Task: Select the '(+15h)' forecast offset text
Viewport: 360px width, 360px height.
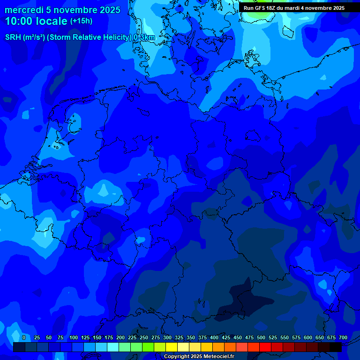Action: pyautogui.click(x=81, y=21)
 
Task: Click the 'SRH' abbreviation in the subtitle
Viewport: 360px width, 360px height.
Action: pyautogui.click(x=13, y=37)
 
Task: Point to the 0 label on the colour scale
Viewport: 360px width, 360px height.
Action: pyautogui.click(x=24, y=337)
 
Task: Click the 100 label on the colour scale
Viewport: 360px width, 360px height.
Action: pyautogui.click(x=74, y=337)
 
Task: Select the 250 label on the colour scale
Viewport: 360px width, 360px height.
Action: pyautogui.click(x=144, y=337)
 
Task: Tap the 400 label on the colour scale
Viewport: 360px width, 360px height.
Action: pyautogui.click(x=214, y=337)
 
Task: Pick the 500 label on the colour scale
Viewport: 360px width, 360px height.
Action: pyautogui.click(x=261, y=337)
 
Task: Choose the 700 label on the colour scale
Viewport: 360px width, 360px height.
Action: pyautogui.click(x=343, y=337)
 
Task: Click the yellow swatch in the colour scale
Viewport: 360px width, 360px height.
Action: pyautogui.click(x=172, y=347)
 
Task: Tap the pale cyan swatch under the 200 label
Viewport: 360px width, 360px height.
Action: pyautogui.click(x=113, y=347)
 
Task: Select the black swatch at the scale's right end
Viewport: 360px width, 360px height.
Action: pyautogui.click(x=336, y=347)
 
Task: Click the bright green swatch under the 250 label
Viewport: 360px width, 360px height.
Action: pyautogui.click(x=148, y=347)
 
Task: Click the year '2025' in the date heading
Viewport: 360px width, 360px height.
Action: pyautogui.click(x=109, y=10)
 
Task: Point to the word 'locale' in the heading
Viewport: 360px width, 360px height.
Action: pyautogui.click(x=51, y=21)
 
